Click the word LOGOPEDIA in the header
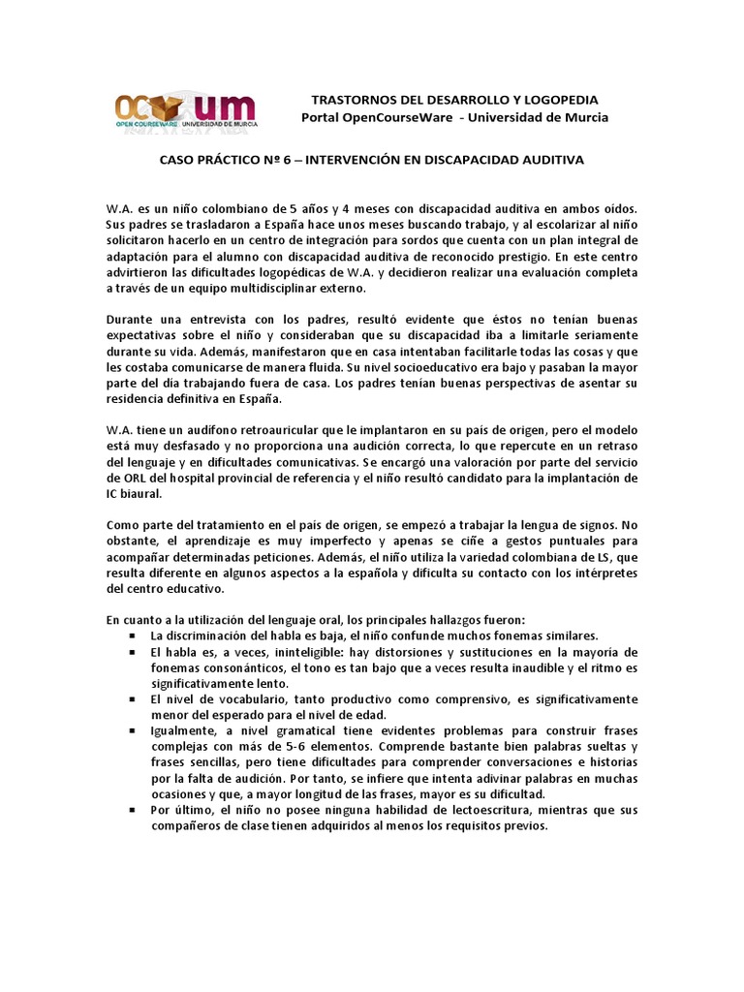pyautogui.click(x=557, y=100)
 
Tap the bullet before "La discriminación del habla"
pyautogui.click(x=132, y=635)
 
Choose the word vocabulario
pyautogui.click(x=230, y=698)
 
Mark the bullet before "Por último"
pyautogui.click(x=132, y=809)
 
